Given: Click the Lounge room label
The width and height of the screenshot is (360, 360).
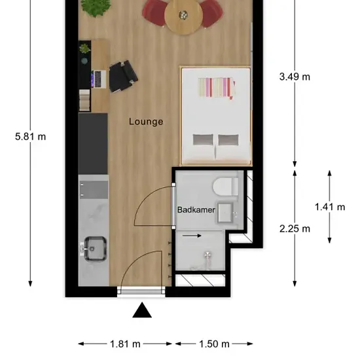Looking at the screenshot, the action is [x=146, y=122].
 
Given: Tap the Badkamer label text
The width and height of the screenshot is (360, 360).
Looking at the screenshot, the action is [x=196, y=209].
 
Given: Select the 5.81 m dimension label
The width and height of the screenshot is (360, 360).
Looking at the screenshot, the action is [x=31, y=137].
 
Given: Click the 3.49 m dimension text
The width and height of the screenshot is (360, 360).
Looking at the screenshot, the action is [x=295, y=77].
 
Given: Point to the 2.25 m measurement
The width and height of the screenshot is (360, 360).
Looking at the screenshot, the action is [x=295, y=228].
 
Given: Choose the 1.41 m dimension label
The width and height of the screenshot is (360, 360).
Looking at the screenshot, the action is [x=330, y=207].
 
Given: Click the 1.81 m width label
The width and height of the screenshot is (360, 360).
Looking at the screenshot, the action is [x=125, y=344].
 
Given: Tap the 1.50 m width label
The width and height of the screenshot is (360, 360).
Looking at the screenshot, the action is [x=214, y=344].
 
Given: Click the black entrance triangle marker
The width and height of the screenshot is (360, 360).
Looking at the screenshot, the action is [x=142, y=310].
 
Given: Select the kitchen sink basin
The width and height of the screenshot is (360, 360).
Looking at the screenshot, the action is [x=96, y=249].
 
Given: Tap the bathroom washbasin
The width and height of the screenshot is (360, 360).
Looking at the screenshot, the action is [x=225, y=213].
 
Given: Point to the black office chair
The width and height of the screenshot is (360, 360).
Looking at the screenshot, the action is [x=123, y=76].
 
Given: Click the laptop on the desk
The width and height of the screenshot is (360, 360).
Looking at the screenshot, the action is [x=99, y=79].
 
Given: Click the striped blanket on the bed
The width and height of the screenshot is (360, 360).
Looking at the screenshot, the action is [x=217, y=87].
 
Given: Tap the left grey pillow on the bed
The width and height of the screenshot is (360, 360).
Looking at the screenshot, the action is [x=203, y=139].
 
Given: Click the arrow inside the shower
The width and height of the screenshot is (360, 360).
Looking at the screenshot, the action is [x=192, y=236].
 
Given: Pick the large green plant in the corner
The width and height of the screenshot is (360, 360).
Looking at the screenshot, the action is [x=96, y=8].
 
